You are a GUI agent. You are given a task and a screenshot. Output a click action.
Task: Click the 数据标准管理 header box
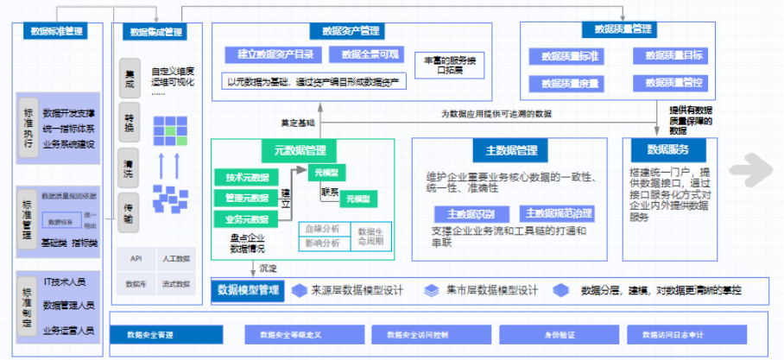pos(57,31)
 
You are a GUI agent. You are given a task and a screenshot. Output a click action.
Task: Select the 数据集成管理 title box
pos(156,33)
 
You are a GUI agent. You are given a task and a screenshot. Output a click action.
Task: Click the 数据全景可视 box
pos(369,54)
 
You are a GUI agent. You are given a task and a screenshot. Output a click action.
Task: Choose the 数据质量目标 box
pos(673,56)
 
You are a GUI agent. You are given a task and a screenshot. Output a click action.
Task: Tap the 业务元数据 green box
pos(246,220)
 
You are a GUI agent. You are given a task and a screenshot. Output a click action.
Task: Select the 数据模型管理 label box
pos(249,290)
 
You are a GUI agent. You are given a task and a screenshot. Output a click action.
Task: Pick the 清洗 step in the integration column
pos(129,168)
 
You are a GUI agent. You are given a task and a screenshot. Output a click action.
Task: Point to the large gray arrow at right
pos(749,169)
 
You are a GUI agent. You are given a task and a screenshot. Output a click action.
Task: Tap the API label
pos(136,258)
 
